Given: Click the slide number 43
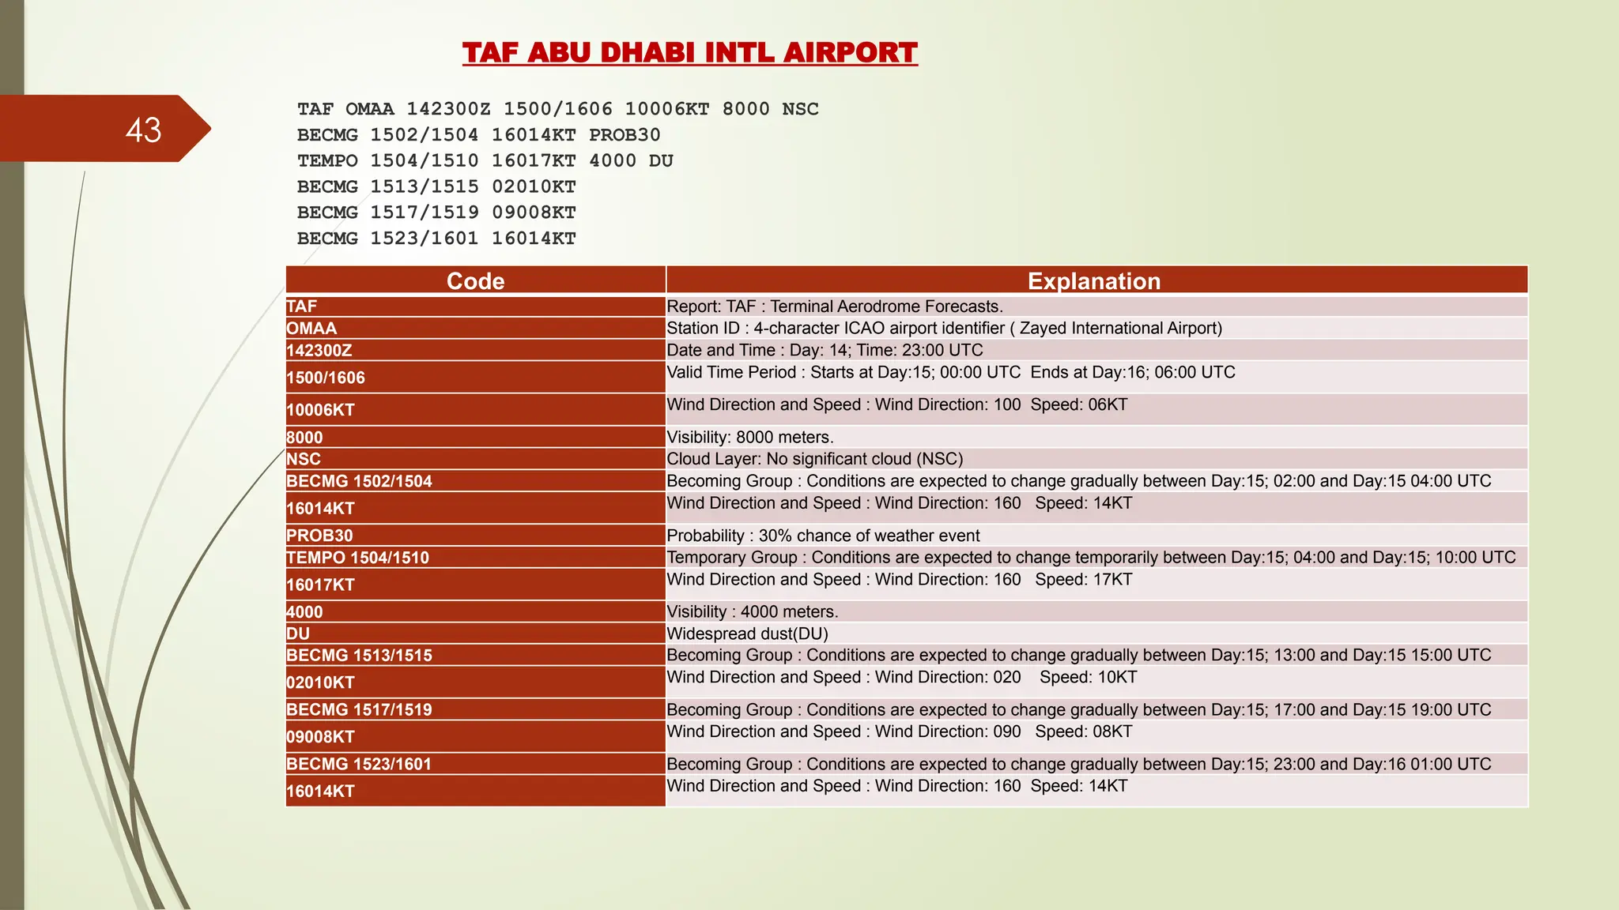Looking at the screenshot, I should pyautogui.click(x=143, y=130).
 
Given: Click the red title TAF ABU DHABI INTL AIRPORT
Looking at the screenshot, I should pyautogui.click(x=689, y=53).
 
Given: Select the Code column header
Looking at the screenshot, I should pyautogui.click(x=475, y=281).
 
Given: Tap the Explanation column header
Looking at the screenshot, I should pyautogui.click(x=1094, y=281).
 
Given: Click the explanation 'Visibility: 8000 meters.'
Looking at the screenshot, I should pyautogui.click(x=749, y=438).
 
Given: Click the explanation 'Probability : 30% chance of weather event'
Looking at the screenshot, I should pyautogui.click(x=823, y=536).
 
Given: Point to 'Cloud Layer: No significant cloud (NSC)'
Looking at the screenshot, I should pyautogui.click(x=814, y=459).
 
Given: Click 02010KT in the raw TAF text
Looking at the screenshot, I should pyautogui.click(x=534, y=187).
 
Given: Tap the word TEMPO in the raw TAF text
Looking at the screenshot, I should pyautogui.click(x=327, y=161).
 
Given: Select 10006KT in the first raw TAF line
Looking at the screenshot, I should pyautogui.click(x=666, y=109).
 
